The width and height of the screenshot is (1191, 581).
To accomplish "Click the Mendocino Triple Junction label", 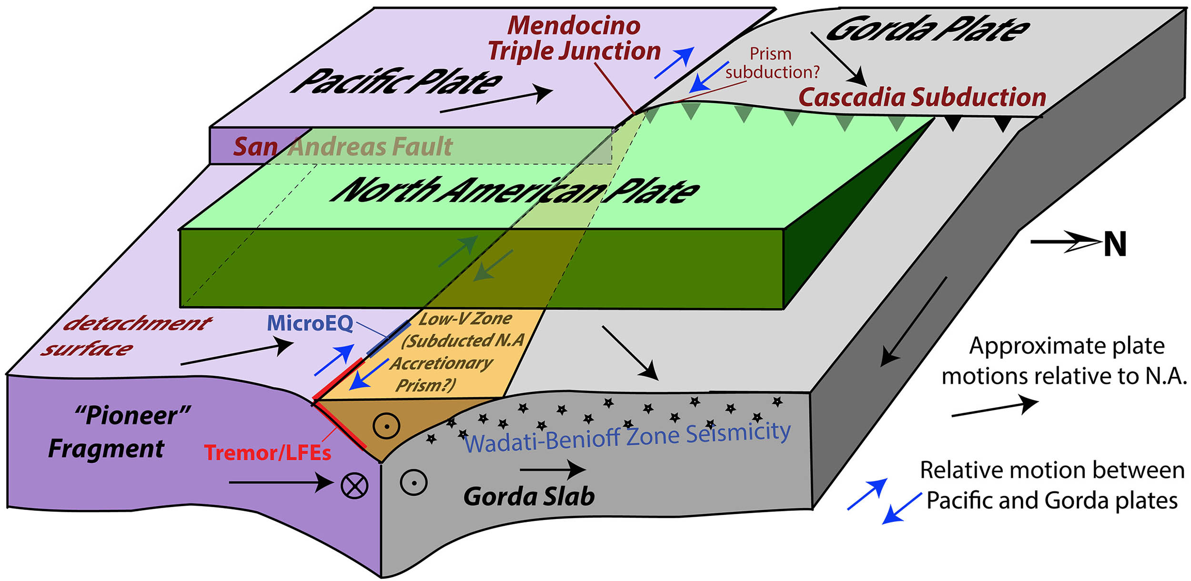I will pyautogui.click(x=574, y=38).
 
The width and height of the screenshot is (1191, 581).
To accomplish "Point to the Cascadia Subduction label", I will pyautogui.click(x=922, y=97).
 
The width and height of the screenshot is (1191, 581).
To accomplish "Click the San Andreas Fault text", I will pyautogui.click(x=343, y=147).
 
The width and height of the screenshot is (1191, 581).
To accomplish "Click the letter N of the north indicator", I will pyautogui.click(x=1115, y=245).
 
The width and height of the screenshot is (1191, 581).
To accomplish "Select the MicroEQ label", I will pyautogui.click(x=310, y=323).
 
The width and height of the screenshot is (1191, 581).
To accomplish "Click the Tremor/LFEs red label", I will pyautogui.click(x=267, y=452).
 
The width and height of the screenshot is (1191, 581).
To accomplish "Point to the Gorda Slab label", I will pyautogui.click(x=529, y=496).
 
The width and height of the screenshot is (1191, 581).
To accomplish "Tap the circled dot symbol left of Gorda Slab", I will pyautogui.click(x=414, y=482).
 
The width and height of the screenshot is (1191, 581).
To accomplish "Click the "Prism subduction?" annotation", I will pyautogui.click(x=772, y=63).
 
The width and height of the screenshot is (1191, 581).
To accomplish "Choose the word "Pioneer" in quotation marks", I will pyautogui.click(x=133, y=415).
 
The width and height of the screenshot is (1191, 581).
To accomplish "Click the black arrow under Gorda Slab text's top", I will pyautogui.click(x=553, y=470).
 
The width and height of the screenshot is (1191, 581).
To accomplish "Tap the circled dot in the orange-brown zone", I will pyautogui.click(x=386, y=426).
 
